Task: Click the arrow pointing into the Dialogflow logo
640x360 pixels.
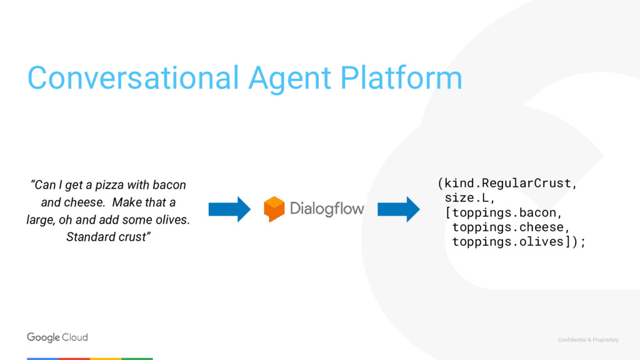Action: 229,209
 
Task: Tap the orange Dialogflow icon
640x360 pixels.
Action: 274,209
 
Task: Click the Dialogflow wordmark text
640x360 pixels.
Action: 327,209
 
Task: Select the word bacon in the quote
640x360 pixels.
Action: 170,186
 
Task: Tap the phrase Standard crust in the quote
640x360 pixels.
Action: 108,237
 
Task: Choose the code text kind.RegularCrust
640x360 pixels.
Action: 508,184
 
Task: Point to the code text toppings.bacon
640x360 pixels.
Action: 504,212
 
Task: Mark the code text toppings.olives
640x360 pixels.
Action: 507,242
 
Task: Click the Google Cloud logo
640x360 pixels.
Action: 57,337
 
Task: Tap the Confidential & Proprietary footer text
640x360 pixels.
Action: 587,340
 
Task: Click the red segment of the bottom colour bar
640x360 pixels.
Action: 74,359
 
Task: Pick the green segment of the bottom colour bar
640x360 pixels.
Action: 137,359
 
